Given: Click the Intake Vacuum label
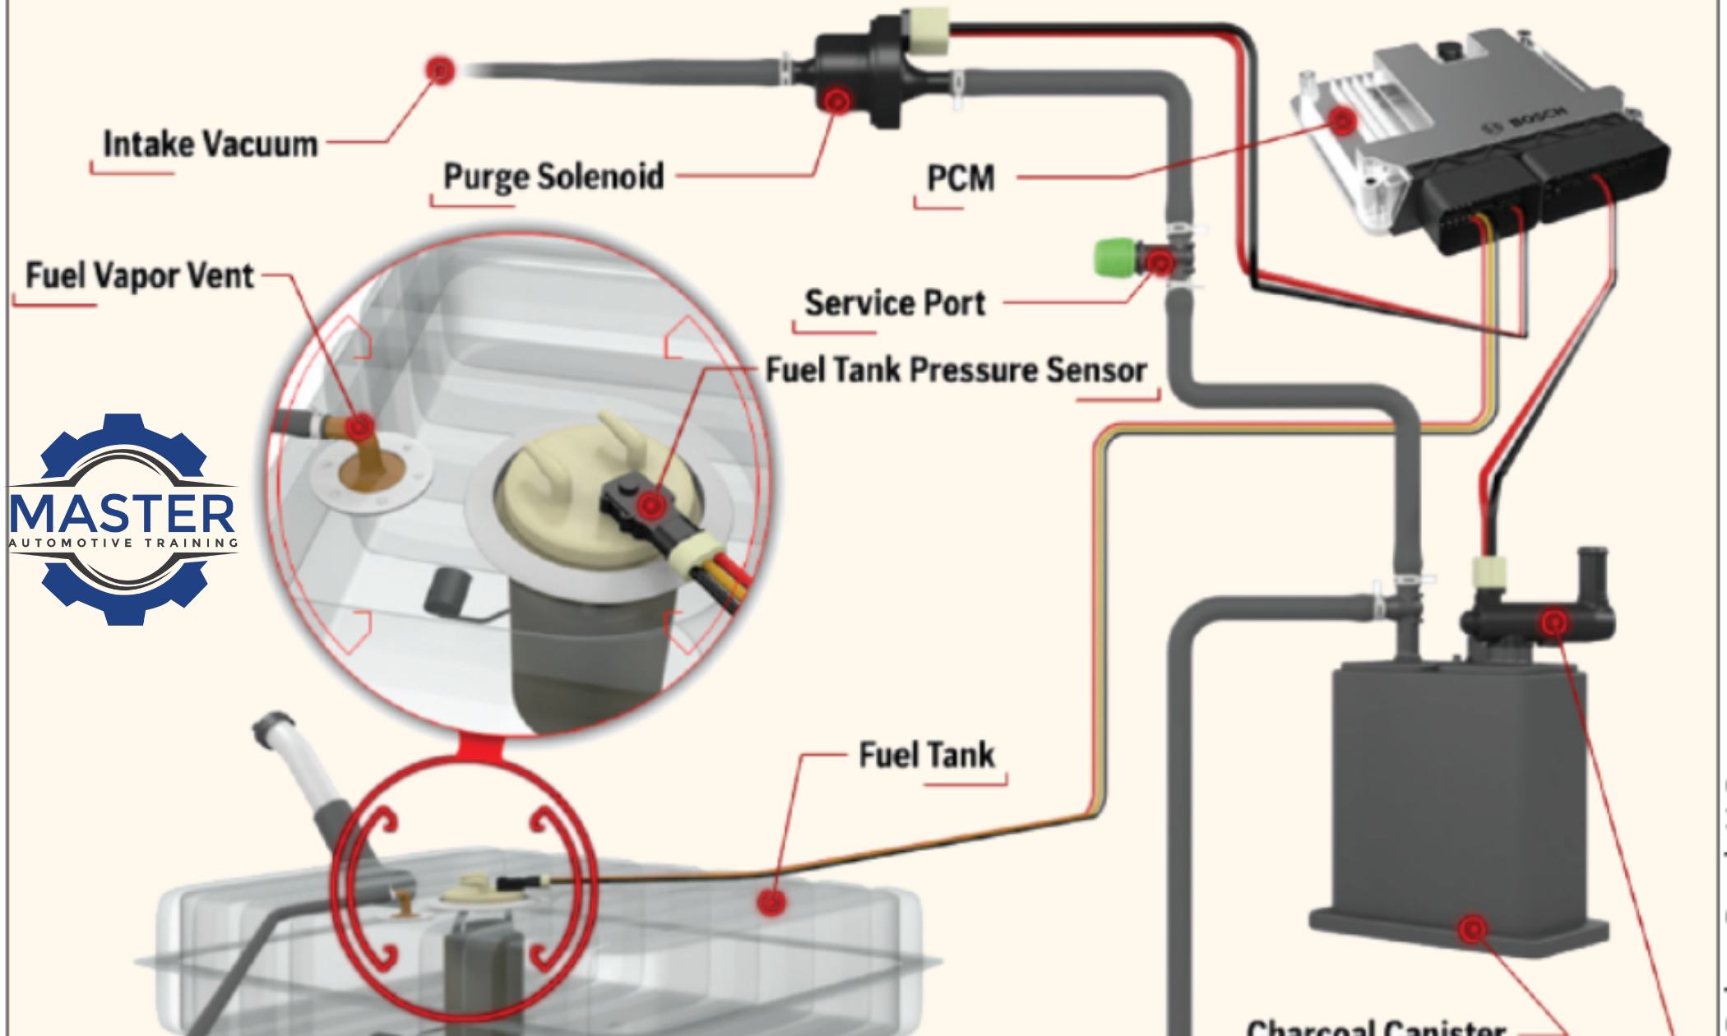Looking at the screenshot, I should coord(210,145).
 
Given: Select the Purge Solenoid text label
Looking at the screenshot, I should coord(553,177).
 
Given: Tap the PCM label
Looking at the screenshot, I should coord(961,178).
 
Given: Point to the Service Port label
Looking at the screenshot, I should coord(895,303).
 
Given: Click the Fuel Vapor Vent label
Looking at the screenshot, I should coord(140,275).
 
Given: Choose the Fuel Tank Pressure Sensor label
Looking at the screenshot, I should coord(956,370).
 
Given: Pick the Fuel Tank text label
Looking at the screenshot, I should coord(927,755).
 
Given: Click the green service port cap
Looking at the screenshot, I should coord(1114,258).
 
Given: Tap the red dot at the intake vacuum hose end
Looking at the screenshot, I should coord(441,70).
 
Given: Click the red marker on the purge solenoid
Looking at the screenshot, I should coord(837,101).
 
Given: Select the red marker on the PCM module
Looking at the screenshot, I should coord(1342,122).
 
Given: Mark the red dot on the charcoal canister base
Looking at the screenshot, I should coord(1473,929).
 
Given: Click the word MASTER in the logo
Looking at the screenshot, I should coord(123,514).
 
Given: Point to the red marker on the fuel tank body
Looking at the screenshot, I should coord(771,902).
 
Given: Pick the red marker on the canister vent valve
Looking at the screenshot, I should coord(1554,622).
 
